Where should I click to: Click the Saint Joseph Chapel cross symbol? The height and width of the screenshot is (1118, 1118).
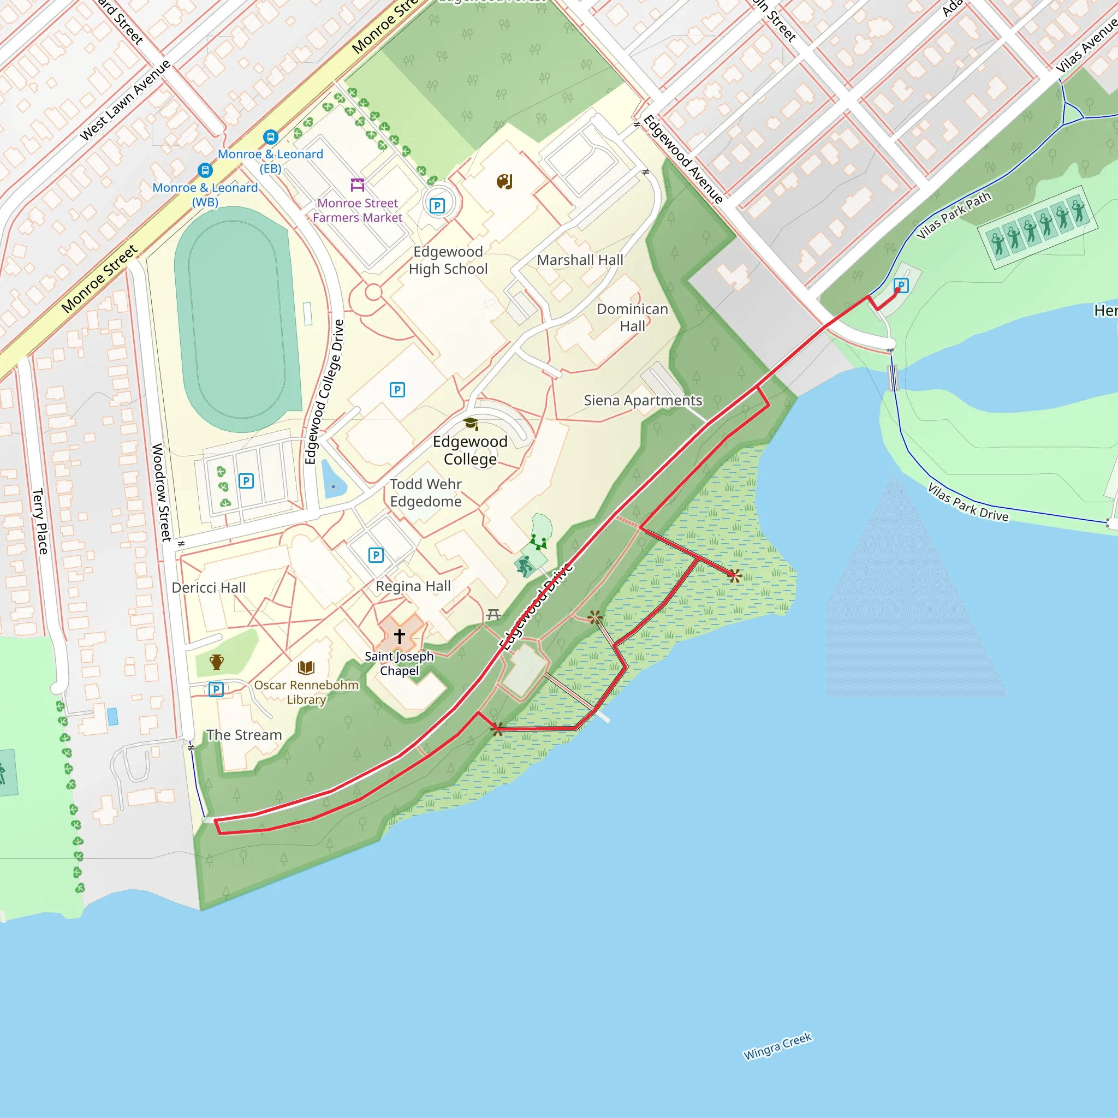(x=399, y=636)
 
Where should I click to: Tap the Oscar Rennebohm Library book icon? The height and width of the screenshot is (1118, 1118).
(x=306, y=668)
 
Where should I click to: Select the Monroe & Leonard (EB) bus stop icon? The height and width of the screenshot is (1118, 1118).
(x=270, y=137)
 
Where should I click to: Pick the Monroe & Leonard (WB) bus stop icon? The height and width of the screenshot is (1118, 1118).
(x=205, y=170)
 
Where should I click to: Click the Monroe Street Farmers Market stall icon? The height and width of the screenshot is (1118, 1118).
(x=358, y=185)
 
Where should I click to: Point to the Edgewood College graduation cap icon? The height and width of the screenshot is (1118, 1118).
(x=471, y=424)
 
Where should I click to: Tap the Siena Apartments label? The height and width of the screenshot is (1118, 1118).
(x=643, y=401)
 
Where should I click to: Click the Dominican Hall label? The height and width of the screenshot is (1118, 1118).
(x=632, y=318)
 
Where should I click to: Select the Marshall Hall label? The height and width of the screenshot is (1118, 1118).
(x=580, y=260)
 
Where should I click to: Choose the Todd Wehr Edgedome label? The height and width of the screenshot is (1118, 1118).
(x=425, y=492)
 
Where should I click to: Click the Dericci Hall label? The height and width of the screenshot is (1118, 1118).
(x=209, y=588)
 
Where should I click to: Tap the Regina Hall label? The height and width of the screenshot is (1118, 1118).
(x=413, y=586)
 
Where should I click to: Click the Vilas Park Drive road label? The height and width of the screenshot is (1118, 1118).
(x=967, y=502)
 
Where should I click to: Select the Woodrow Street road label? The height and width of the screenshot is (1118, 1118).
(x=162, y=492)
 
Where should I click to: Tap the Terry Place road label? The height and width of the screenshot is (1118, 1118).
(x=40, y=521)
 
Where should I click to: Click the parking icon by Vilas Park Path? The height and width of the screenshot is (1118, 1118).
(x=901, y=286)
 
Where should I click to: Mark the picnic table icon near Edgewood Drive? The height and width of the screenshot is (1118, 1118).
(x=493, y=615)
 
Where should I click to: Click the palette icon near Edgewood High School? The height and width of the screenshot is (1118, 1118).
(x=504, y=182)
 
